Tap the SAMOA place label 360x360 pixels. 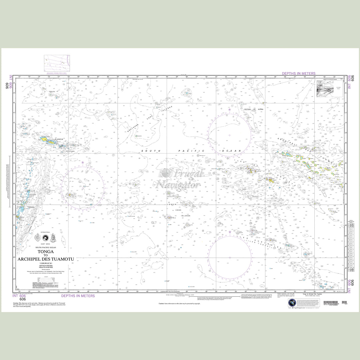point(59,139)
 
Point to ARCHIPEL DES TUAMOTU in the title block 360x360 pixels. point(46,259)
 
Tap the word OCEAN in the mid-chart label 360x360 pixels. point(231,151)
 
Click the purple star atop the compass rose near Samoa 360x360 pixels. point(83,162)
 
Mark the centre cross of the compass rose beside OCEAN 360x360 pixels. point(229,135)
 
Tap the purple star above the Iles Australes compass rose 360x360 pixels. point(230,232)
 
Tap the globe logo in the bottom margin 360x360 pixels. point(292,303)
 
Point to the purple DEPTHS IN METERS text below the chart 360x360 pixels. point(78,296)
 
